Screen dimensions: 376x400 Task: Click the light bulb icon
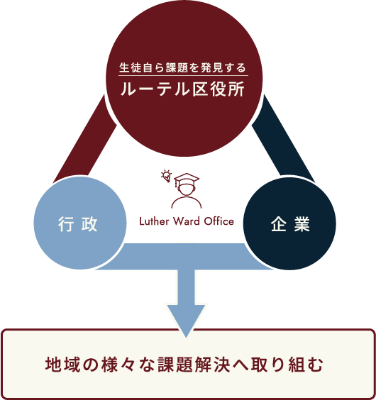[167, 176]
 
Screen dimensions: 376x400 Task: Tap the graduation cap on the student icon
[187, 179]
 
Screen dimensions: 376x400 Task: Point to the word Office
[219, 221]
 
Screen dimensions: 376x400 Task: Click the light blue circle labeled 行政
[80, 223]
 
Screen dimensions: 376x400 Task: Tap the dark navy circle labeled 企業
[289, 223]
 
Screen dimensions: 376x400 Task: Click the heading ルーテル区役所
[183, 89]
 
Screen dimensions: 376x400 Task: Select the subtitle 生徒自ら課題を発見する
[183, 67]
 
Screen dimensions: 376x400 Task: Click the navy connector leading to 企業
[283, 139]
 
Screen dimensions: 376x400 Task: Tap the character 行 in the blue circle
[66, 224]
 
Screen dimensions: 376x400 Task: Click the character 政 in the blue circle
[89, 224]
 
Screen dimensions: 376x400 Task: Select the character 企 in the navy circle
[279, 224]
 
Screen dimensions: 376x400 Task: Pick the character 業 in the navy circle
[302, 224]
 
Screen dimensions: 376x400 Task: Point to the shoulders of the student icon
[187, 202]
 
